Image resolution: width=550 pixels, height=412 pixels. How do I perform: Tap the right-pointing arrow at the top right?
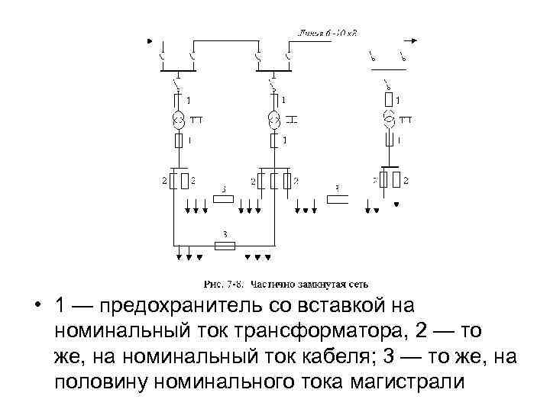412,40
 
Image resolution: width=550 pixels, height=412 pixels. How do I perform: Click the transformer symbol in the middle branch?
273,119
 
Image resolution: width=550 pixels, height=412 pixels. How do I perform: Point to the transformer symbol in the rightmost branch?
390,119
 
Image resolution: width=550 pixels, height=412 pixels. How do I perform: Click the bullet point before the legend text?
37,307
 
